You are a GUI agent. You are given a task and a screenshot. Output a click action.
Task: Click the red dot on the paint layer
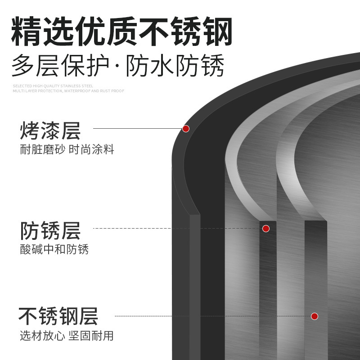[186, 129]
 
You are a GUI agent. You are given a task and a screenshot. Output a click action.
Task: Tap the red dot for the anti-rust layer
[266, 229]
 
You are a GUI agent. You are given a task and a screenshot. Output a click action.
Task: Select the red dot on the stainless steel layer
[315, 316]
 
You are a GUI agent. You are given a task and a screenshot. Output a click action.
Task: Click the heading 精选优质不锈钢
[122, 31]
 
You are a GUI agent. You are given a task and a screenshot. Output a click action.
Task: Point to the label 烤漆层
[50, 131]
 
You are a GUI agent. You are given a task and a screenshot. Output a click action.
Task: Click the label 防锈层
[50, 231]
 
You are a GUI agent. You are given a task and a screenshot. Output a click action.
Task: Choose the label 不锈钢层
[58, 316]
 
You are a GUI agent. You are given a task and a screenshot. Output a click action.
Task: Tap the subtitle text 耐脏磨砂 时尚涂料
[67, 150]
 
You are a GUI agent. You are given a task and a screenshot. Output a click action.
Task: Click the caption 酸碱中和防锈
[54, 249]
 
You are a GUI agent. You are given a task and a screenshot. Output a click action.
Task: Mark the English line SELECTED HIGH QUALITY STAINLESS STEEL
[53, 85]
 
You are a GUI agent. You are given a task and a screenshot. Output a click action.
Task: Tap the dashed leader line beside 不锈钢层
[211, 316]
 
